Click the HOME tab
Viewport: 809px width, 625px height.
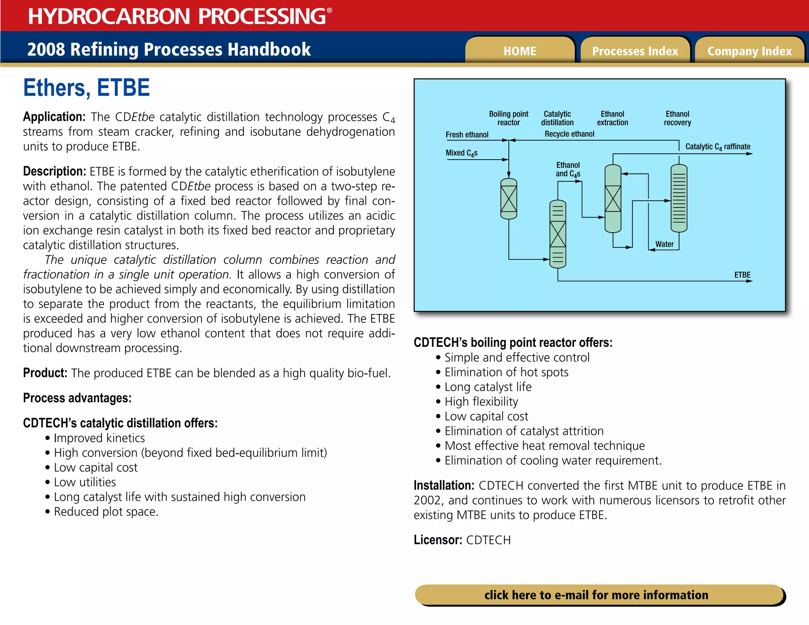pyautogui.click(x=519, y=51)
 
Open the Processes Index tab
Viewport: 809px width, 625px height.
pyautogui.click(x=635, y=51)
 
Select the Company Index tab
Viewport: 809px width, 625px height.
pyautogui.click(x=749, y=51)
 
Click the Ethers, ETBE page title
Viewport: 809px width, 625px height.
pyautogui.click(x=87, y=88)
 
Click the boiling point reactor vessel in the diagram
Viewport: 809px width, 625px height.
pyautogui.click(x=508, y=199)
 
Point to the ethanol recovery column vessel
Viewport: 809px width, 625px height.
pyautogui.click(x=679, y=198)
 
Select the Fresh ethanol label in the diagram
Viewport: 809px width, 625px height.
pyautogui.click(x=467, y=135)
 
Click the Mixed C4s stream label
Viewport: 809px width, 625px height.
pyautogui.click(x=461, y=153)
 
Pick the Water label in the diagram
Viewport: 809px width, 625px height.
pyautogui.click(x=664, y=244)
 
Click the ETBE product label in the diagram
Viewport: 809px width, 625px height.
pyautogui.click(x=742, y=275)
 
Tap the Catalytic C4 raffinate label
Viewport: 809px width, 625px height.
pyautogui.click(x=717, y=147)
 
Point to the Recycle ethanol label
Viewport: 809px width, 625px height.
pyautogui.click(x=569, y=134)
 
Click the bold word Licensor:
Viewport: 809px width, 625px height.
pyautogui.click(x=438, y=540)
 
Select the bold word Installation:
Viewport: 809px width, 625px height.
pyautogui.click(x=444, y=485)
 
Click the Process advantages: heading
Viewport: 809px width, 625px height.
pyautogui.click(x=77, y=398)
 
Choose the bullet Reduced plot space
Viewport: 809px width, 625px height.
pyautogui.click(x=106, y=512)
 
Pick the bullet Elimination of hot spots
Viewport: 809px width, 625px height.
pyautogui.click(x=506, y=372)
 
